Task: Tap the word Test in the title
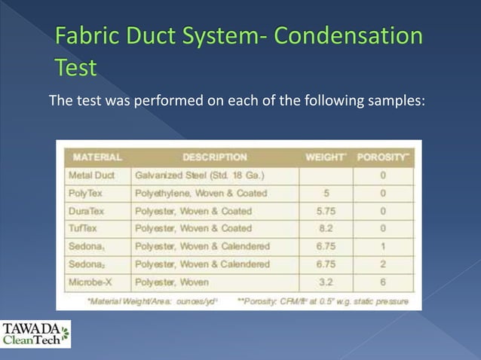click(x=76, y=69)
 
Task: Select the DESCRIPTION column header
click(x=214, y=157)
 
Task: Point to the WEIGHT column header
click(x=325, y=157)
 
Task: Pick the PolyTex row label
click(x=86, y=194)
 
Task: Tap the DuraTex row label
click(x=87, y=212)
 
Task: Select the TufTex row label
click(x=84, y=229)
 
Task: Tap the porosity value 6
click(x=384, y=282)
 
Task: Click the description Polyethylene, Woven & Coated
click(x=199, y=194)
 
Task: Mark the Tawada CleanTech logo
click(x=35, y=334)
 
